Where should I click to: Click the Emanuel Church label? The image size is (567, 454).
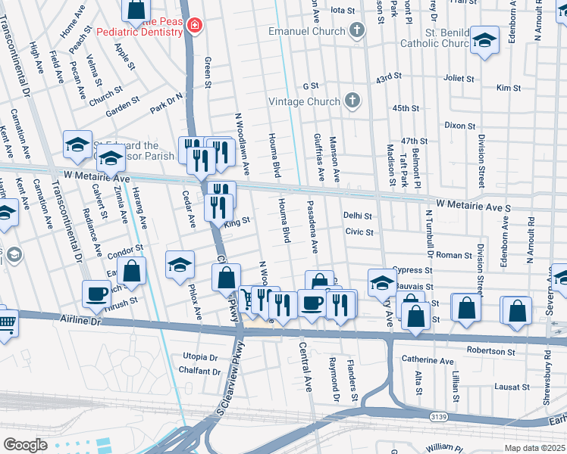pos(307,32)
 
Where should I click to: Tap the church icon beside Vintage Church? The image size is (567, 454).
pos(352,101)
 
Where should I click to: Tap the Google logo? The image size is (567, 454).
pos(25,445)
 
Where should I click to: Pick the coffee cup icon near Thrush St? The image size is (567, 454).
pos(97,294)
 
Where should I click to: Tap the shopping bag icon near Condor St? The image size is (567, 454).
pos(132,272)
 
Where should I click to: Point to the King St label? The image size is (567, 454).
pos(237,220)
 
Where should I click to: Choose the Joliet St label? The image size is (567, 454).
pos(458,78)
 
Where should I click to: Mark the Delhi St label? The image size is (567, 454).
pos(357,216)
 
